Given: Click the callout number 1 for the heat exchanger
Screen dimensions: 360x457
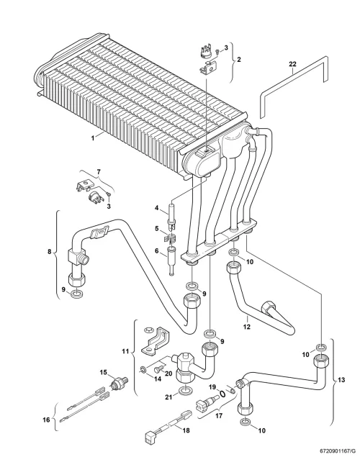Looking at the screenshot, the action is click(x=93, y=138).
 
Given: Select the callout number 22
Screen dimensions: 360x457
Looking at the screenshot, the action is click(x=292, y=64).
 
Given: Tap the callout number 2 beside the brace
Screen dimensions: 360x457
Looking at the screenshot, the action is click(x=239, y=60).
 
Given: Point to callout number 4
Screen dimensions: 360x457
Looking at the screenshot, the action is click(x=156, y=208).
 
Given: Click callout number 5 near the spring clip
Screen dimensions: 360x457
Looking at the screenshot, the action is click(x=157, y=229).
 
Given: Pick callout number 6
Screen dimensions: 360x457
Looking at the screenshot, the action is click(x=156, y=250).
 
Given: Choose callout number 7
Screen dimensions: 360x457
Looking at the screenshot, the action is click(x=99, y=172).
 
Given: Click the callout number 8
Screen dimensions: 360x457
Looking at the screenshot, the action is click(x=49, y=251).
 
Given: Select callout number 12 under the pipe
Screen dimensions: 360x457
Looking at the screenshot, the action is click(x=247, y=327).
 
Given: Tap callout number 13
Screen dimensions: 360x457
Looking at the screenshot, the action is click(x=341, y=379).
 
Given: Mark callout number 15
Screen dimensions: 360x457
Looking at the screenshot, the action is click(x=104, y=372).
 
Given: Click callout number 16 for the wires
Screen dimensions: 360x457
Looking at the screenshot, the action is click(x=46, y=420).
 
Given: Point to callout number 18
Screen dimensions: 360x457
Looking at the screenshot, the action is click(x=186, y=430).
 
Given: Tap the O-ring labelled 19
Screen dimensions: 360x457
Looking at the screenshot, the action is click(x=222, y=394).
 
